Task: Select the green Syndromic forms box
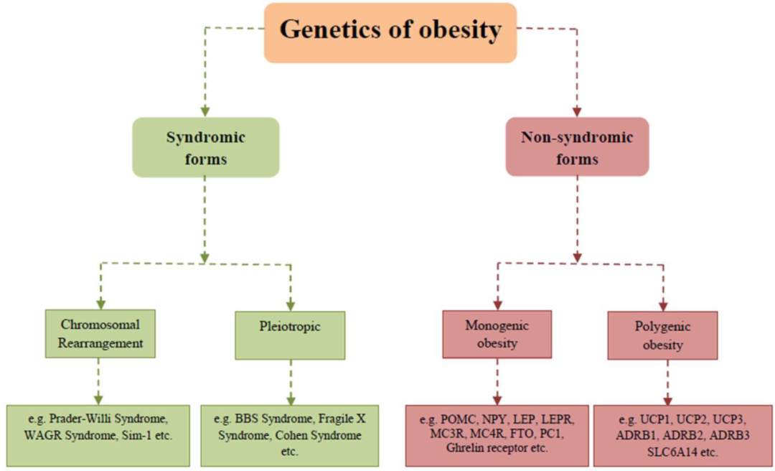click(x=205, y=147)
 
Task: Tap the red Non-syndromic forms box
click(x=577, y=147)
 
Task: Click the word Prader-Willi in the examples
click(x=80, y=419)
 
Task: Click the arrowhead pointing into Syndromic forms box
click(x=205, y=112)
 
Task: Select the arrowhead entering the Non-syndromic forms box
click(x=577, y=112)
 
